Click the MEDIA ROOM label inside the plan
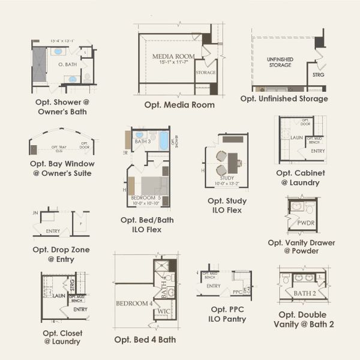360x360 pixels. [171, 56]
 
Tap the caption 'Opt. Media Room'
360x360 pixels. [179, 104]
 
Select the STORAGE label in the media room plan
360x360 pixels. [205, 73]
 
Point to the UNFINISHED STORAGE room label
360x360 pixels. [279, 62]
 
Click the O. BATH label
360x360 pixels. [67, 64]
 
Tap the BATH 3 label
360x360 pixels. [142, 142]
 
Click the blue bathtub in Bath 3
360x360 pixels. [164, 142]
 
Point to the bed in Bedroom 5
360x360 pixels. [151, 184]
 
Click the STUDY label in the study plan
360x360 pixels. [226, 178]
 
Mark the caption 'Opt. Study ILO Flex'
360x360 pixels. [227, 205]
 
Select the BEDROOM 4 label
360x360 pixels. [134, 303]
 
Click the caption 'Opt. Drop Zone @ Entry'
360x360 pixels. [62, 253]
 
